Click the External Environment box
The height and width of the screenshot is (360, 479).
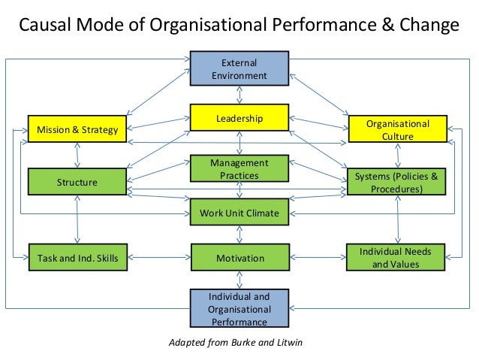coord(239,68)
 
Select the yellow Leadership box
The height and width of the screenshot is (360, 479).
coord(239,118)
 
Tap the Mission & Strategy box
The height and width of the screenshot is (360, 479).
coord(77,130)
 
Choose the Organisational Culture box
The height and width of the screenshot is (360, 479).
coord(397,129)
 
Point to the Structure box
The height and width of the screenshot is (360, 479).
coord(77,182)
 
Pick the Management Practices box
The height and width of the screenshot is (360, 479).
coord(239,169)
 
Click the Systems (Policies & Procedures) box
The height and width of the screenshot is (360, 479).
coord(397,182)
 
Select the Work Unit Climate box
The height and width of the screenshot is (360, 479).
coord(239,213)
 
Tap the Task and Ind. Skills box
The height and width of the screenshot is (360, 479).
coord(77,258)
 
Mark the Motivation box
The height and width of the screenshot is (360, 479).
coord(239,258)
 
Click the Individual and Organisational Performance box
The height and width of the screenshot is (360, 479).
coord(239,309)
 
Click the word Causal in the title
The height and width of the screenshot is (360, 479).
coord(42,26)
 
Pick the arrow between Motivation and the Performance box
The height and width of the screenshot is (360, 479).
coord(239,280)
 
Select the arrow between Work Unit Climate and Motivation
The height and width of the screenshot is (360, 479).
coord(239,235)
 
